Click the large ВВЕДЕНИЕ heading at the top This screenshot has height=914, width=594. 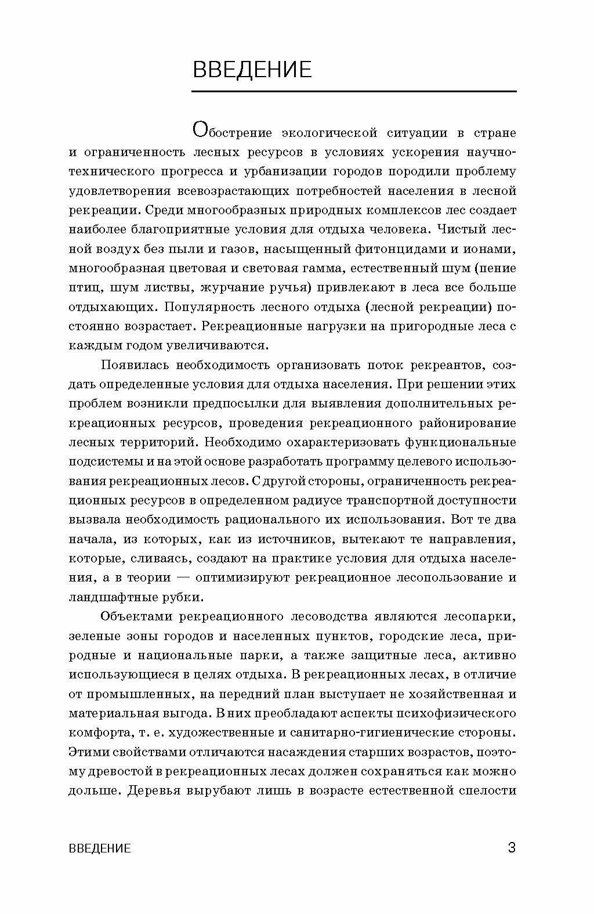[x=252, y=70]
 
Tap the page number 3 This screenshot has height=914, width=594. [x=512, y=848]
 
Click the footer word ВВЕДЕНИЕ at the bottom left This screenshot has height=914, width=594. [x=100, y=848]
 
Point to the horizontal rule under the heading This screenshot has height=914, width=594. [x=354, y=92]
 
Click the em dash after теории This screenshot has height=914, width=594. [x=183, y=577]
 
